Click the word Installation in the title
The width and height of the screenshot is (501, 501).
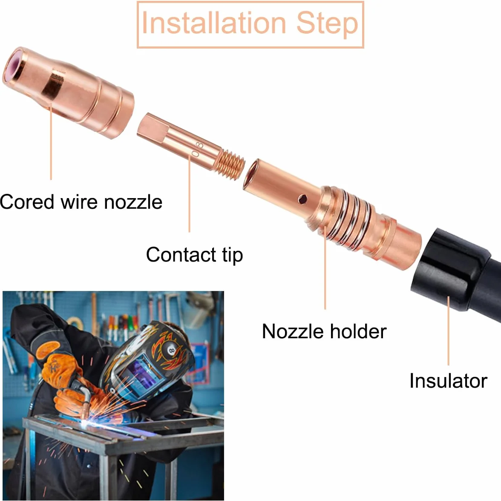[213, 23]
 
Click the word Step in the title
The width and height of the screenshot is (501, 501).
[327, 24]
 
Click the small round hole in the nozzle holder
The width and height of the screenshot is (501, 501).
[302, 199]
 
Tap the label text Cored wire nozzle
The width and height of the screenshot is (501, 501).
[81, 202]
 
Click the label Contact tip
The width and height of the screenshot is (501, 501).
[194, 255]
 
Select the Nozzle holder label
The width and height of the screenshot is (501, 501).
[324, 331]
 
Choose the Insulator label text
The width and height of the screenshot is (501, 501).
[448, 381]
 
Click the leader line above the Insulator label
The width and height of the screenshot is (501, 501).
[448, 331]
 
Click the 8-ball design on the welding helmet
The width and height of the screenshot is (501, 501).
[170, 351]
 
